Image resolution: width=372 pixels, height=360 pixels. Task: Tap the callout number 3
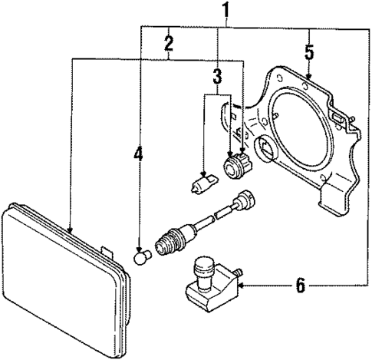click(x=218, y=77)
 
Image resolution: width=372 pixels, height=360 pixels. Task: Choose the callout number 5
click(x=309, y=54)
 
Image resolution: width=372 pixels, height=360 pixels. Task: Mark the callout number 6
click(x=300, y=286)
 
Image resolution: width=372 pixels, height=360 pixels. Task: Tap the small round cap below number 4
click(x=140, y=256)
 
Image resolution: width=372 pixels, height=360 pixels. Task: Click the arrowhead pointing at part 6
click(x=244, y=286)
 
